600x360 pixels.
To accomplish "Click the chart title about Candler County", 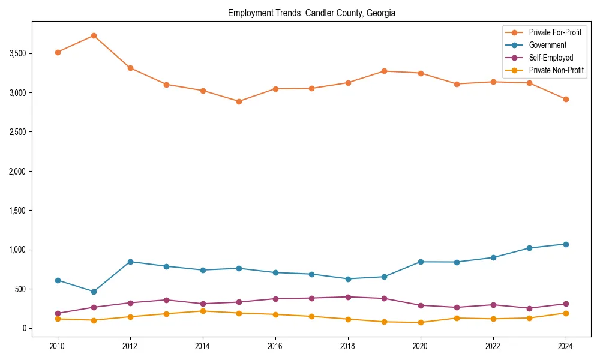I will [x=311, y=13].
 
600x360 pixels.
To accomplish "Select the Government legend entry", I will [x=547, y=45].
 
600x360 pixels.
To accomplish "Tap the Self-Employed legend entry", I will [x=551, y=58].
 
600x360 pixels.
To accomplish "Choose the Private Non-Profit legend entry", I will [x=556, y=70].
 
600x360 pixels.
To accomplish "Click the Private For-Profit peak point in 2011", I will [x=94, y=35].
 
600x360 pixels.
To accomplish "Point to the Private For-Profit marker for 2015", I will [x=239, y=101].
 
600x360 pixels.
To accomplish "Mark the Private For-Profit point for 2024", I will [x=566, y=99].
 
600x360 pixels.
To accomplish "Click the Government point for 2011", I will [x=94, y=292].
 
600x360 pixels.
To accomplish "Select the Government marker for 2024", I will [x=566, y=244].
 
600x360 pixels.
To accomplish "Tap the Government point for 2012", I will [x=130, y=262].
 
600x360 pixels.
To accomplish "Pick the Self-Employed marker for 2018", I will [x=348, y=297].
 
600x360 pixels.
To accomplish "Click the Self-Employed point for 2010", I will [x=58, y=313].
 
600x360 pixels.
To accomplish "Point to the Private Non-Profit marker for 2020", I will [x=421, y=322].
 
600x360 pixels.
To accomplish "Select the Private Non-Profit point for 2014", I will [x=203, y=311].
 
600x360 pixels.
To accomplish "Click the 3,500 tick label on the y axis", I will [x=17, y=53].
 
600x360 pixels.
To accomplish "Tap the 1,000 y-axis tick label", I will [x=17, y=250].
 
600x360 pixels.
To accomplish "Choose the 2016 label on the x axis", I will [x=275, y=346].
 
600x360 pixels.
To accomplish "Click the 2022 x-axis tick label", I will [x=493, y=346].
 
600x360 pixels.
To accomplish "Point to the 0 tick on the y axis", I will [x=25, y=328].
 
